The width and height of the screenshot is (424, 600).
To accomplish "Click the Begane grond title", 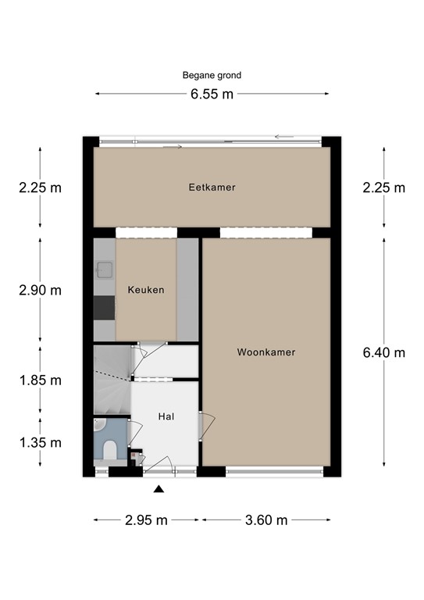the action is (212, 75).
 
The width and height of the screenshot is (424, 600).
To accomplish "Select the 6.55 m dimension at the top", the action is (212, 94).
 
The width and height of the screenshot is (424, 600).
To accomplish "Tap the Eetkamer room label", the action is (212, 187).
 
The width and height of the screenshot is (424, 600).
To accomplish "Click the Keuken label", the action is (146, 290).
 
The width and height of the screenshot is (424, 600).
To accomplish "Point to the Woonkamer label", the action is (266, 352).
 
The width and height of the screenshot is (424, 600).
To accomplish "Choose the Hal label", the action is (166, 416).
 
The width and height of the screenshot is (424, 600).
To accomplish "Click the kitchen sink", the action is (104, 270).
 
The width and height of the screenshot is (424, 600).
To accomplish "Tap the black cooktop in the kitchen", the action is (105, 308).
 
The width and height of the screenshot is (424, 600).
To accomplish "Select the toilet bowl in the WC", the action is (110, 450).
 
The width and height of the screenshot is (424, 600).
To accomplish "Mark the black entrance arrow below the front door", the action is (159, 488).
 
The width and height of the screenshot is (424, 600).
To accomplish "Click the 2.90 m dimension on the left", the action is (40, 290).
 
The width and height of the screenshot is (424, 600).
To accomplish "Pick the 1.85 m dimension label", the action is (40, 380).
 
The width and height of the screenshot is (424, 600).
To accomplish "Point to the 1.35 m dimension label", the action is (40, 443).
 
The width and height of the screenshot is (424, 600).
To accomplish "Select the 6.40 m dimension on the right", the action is (384, 352).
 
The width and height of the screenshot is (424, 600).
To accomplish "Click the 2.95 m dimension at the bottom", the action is (147, 520).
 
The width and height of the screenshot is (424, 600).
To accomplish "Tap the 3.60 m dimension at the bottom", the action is (266, 520).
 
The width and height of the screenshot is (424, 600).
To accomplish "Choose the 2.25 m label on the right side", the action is (384, 187).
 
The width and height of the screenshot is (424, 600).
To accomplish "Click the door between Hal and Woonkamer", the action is (206, 426).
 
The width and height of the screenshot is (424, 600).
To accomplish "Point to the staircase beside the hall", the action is (112, 380).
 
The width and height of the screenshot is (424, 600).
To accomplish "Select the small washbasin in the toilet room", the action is (99, 424).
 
